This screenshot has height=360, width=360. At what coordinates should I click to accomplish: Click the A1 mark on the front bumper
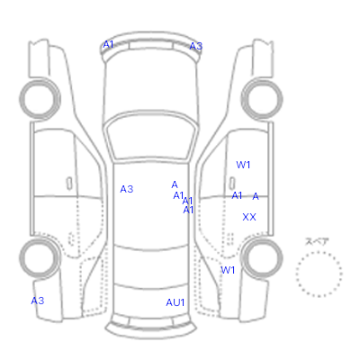tap(108, 44)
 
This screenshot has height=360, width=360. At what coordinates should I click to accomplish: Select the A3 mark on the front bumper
tap(196, 46)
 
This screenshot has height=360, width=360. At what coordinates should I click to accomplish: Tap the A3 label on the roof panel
tap(127, 189)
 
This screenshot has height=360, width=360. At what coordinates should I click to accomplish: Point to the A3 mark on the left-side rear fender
tap(38, 301)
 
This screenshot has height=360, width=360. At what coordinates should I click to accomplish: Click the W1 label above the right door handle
tap(243, 165)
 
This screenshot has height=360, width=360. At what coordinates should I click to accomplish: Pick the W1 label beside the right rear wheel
tap(228, 270)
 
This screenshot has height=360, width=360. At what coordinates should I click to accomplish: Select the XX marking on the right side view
tap(249, 217)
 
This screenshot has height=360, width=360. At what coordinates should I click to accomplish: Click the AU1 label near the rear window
tap(175, 302)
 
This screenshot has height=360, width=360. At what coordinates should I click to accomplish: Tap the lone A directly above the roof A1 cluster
tap(175, 184)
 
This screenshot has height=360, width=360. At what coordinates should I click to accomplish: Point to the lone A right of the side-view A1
tap(256, 196)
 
